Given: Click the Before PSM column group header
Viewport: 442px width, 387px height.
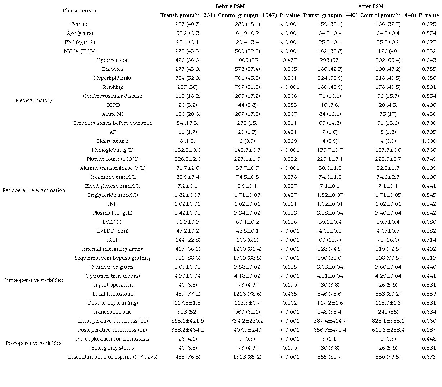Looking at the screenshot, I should tap(230, 6).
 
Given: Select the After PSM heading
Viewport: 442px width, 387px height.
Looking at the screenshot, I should tap(370, 6).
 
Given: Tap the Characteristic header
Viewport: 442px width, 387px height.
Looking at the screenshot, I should tap(80, 10).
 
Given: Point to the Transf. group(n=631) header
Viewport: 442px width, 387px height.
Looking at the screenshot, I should tap(188, 15).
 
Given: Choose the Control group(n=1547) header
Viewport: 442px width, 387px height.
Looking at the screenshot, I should tap(247, 15).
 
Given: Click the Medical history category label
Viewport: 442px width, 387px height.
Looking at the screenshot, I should tap(34, 100).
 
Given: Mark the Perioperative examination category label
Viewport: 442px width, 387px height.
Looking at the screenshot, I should tap(34, 190).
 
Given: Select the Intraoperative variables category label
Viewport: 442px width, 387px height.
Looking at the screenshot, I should tap(34, 280).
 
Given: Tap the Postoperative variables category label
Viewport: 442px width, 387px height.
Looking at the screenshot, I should tap(34, 343).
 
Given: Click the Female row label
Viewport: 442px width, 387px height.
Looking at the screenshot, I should tap(80, 24).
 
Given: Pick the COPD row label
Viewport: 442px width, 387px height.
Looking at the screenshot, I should tap(113, 105).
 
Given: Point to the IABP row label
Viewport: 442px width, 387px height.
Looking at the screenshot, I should tap(113, 240).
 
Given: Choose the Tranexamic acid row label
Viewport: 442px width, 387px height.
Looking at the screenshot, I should tap(113, 312).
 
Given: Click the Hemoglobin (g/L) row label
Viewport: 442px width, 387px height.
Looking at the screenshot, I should tap(113, 150).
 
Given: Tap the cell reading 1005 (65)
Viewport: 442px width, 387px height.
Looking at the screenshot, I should tap(247, 60).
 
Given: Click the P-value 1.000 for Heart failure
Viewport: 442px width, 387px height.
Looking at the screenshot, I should tap(429, 141).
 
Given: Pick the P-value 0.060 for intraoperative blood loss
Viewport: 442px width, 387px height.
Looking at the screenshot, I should tap(429, 321).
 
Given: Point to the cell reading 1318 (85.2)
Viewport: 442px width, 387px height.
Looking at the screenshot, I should tap(247, 357).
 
